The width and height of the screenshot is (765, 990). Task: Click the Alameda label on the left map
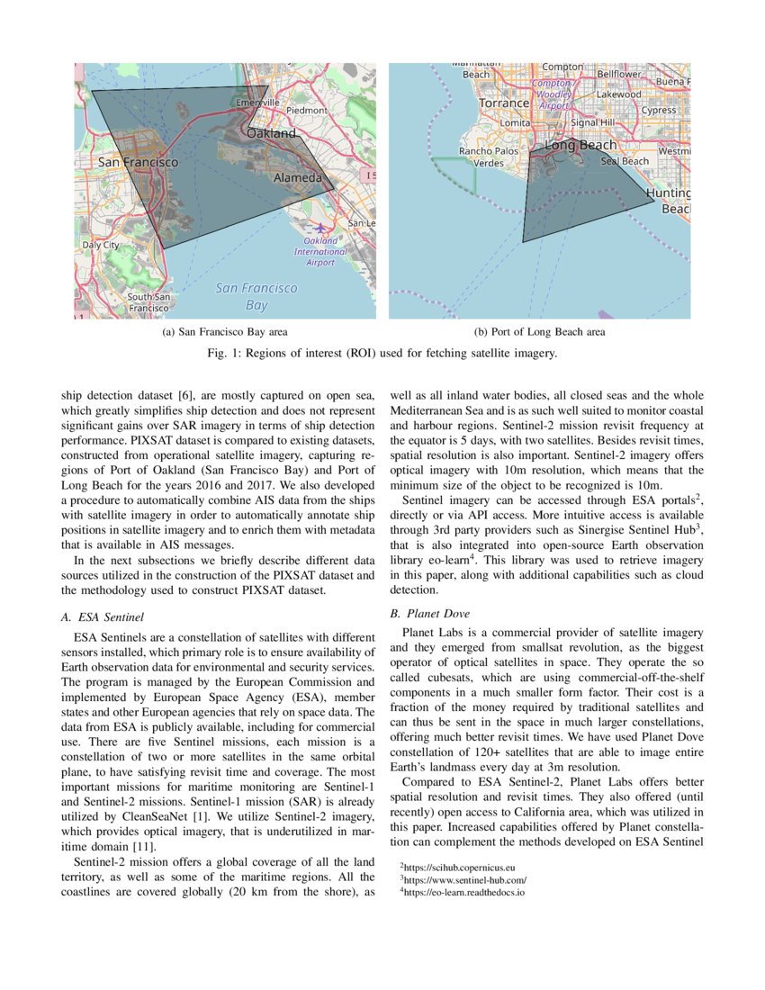pos(297,178)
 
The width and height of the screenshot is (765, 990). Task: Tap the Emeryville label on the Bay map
pos(257,104)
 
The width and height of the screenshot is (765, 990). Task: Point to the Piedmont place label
pos(307,110)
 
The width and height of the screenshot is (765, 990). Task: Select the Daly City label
pos(100,245)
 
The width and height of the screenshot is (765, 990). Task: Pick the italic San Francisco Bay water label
pos(256,296)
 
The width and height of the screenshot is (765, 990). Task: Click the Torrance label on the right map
pos(504,103)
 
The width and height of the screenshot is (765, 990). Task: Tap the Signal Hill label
pos(592,122)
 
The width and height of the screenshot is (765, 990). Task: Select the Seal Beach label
pos(625,161)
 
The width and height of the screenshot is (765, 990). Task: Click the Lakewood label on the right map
pos(619,94)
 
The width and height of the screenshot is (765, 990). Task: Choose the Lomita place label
pos(515,122)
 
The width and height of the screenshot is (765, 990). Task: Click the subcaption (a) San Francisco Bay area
pos(224,332)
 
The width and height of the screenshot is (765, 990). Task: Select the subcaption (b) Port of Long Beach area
pos(539,332)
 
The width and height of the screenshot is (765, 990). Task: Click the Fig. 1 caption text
pos(382,354)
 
